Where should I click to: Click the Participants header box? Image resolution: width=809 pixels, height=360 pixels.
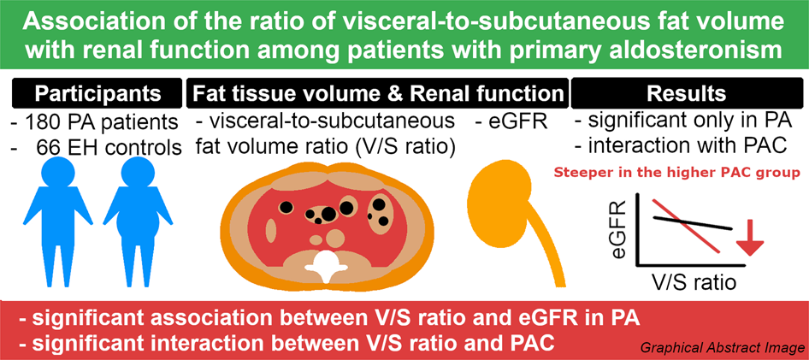(97, 93)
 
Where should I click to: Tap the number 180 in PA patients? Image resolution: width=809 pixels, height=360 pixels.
(44, 123)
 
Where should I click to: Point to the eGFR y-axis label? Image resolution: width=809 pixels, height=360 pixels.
(617, 228)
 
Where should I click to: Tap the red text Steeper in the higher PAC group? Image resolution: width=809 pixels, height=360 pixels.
(676, 173)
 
